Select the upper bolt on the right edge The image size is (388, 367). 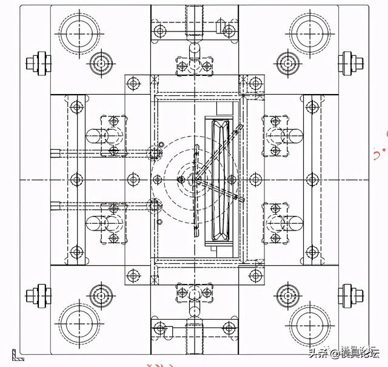[x=348, y=61]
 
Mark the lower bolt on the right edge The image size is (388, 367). [x=348, y=296]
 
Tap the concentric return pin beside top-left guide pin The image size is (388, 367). [x=100, y=62]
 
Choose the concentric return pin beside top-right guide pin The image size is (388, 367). [x=286, y=62]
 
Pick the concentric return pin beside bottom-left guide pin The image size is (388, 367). [x=100, y=296]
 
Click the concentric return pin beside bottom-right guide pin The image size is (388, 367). [x=286, y=296]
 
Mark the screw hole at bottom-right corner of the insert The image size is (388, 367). [x=254, y=276]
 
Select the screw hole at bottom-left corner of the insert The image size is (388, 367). [x=134, y=276]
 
